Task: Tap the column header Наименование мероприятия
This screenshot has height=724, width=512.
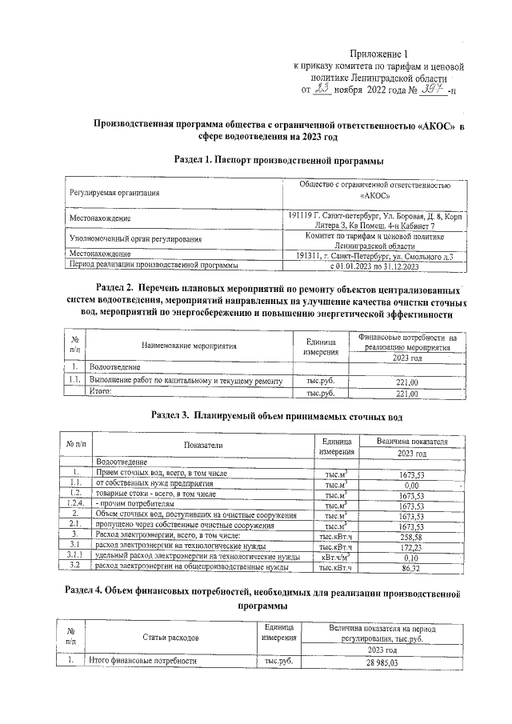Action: [190, 346]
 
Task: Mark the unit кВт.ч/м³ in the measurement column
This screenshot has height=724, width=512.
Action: [335, 557]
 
